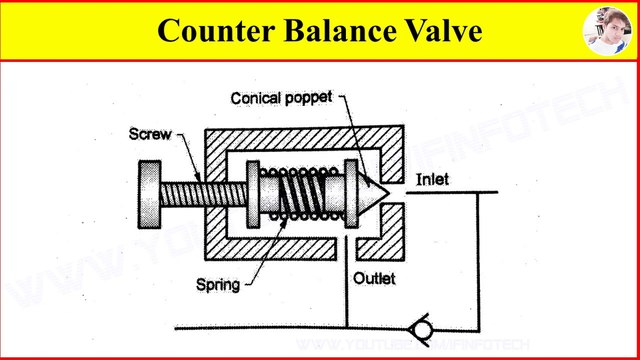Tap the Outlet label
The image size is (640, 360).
click(374, 279)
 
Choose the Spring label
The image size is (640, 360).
click(218, 285)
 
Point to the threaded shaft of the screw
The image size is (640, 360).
click(200, 192)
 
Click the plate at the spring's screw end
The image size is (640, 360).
click(252, 191)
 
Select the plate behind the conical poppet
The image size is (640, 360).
click(351, 190)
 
